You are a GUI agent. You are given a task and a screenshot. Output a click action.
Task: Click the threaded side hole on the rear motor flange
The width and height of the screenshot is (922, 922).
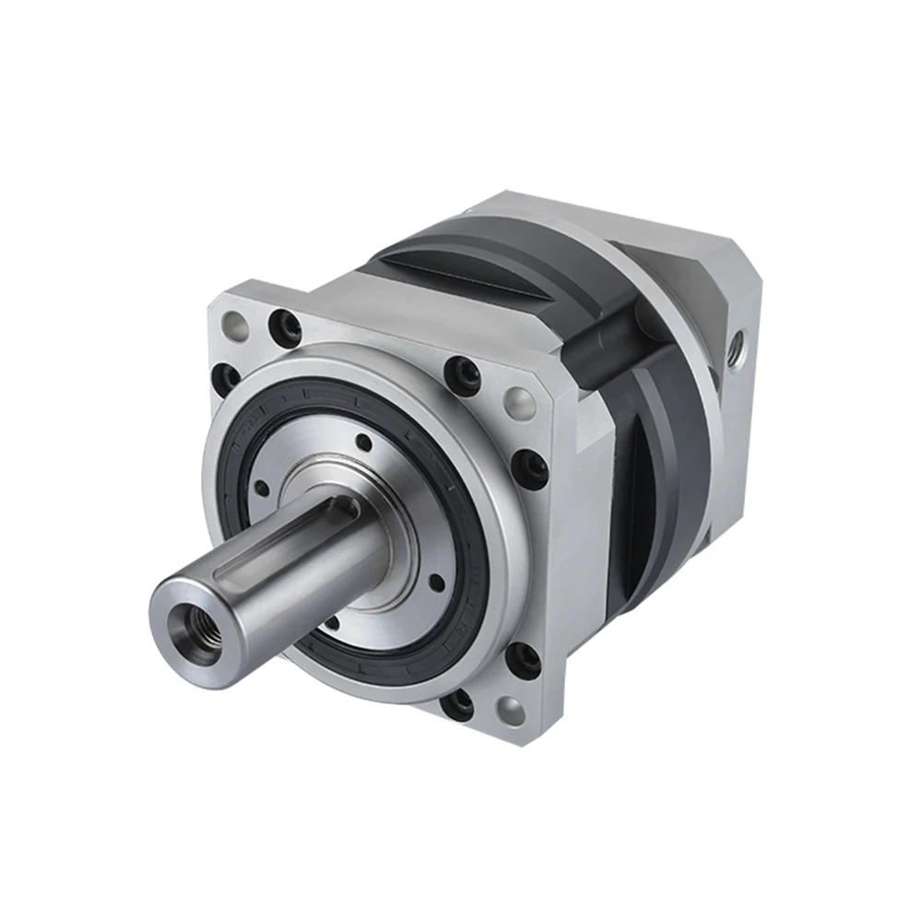pyautogui.click(x=737, y=349)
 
